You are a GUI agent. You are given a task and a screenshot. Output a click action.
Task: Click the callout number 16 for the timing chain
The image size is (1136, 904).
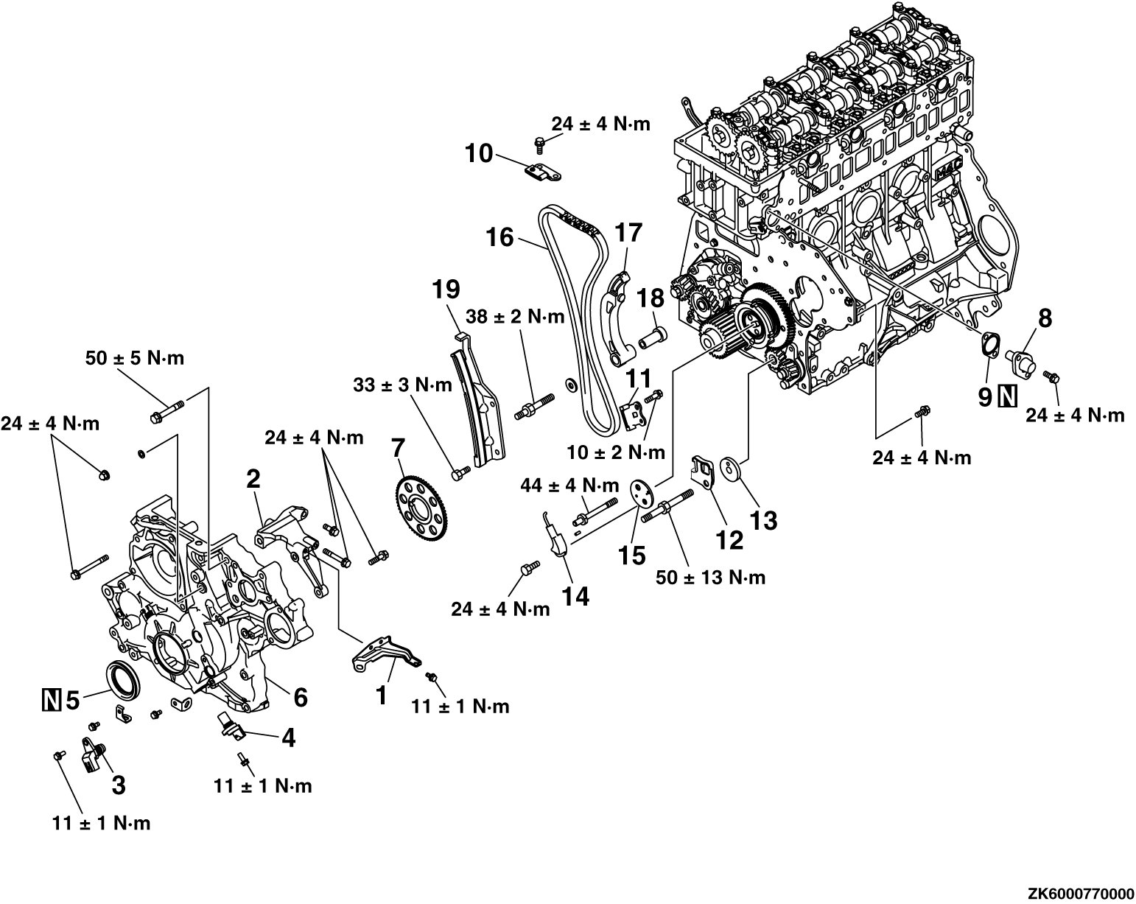(x=502, y=237)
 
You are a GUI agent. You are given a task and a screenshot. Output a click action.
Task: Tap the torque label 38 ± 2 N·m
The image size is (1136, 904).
(x=516, y=318)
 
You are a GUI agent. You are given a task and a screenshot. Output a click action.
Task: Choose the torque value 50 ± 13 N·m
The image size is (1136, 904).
(x=710, y=577)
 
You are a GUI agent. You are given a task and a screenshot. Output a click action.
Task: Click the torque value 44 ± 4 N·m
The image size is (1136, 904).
(x=569, y=486)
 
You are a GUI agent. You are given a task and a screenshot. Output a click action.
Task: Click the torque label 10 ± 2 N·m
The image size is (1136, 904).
(x=616, y=451)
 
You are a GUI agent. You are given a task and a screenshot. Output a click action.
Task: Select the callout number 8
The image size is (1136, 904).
(x=1045, y=318)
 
